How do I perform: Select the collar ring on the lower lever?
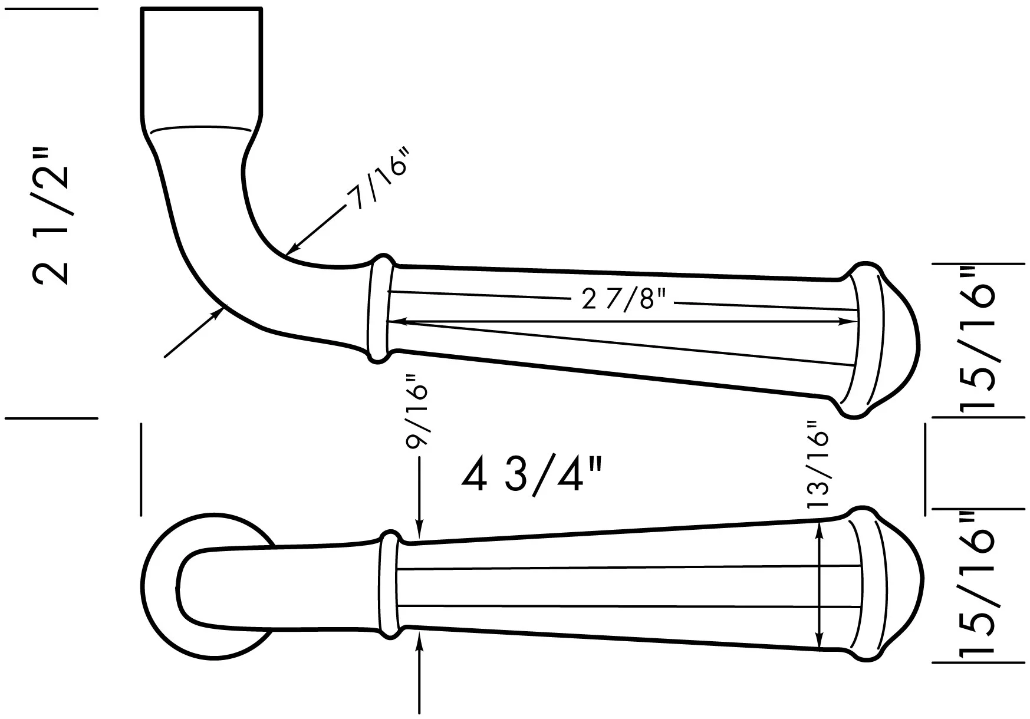point(388,583)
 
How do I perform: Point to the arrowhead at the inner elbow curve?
point(292,248)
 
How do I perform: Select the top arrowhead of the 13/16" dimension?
point(819,527)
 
